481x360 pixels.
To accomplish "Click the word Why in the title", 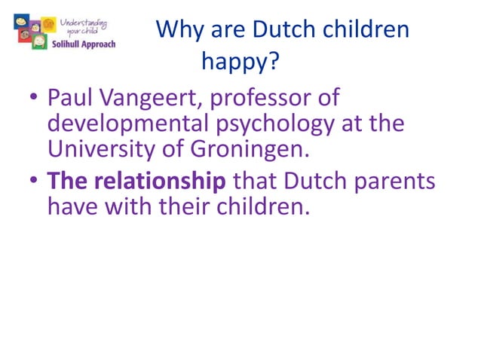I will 178,30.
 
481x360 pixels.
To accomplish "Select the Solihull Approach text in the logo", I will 89,43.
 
